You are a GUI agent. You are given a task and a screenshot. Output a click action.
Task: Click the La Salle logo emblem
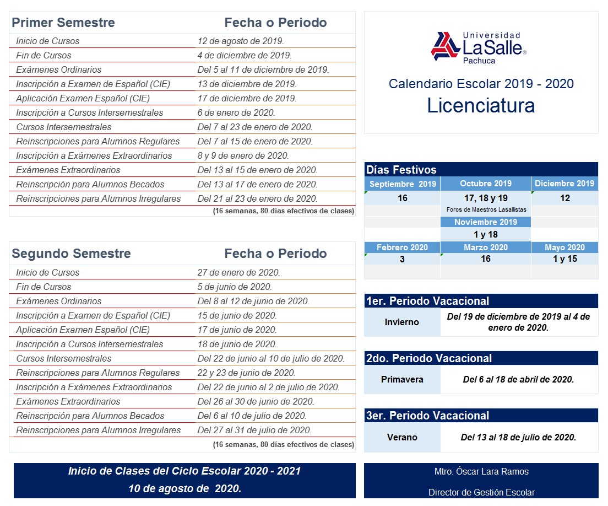[x=446, y=46]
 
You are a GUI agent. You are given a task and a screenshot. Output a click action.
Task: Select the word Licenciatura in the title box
[x=481, y=105]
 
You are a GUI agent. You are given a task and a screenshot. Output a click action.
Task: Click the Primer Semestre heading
[x=63, y=23]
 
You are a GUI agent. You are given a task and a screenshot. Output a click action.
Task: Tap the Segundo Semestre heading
[x=71, y=254]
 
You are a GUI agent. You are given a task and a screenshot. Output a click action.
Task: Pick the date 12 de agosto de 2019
[x=241, y=41]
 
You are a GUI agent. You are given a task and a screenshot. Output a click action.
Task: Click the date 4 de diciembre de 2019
[x=245, y=55]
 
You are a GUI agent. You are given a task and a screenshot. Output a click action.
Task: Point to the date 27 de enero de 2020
[x=238, y=272]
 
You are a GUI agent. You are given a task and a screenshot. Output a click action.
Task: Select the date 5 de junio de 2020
[x=235, y=287]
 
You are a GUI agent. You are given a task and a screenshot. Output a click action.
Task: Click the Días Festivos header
[x=401, y=170]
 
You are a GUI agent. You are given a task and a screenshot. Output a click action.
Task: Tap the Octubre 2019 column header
[x=486, y=184]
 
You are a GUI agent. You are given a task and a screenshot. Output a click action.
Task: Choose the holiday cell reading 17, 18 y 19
[x=486, y=198]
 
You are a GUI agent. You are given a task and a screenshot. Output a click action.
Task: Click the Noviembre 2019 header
[x=486, y=222]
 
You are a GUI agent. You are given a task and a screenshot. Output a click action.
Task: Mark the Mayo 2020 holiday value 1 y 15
[x=564, y=259]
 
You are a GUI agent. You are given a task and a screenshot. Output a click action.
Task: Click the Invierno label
[x=402, y=322]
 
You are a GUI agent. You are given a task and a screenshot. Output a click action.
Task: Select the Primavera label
[x=402, y=379]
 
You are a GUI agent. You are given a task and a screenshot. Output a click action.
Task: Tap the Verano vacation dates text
[x=518, y=438]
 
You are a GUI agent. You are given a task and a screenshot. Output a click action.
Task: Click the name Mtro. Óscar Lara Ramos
[x=481, y=472]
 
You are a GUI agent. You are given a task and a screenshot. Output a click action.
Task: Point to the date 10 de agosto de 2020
[x=184, y=488]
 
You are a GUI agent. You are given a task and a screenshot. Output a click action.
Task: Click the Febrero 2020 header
[x=402, y=247]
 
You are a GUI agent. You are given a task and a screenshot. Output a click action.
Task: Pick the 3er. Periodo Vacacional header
[x=427, y=416]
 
